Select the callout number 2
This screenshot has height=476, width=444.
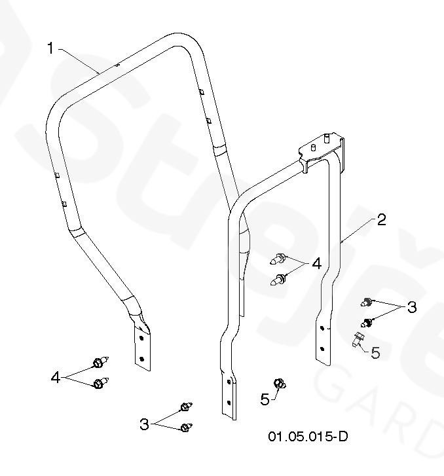coord(382,220)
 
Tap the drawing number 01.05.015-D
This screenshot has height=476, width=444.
coord(307,436)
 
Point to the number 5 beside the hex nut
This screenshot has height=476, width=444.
coord(265,399)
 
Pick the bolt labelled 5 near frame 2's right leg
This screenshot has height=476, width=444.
coord(358,340)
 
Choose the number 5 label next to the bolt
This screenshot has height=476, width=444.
coord(375,352)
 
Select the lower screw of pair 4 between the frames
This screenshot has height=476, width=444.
coord(281,280)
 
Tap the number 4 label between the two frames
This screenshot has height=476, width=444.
coord(316,264)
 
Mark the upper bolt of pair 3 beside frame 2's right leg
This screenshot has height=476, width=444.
coord(369,302)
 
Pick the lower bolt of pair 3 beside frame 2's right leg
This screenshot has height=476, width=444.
coord(368,322)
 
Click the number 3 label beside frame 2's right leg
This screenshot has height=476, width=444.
coord(411,307)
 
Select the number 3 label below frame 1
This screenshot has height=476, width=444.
coord(144,424)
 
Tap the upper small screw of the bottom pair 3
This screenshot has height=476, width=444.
coord(186,407)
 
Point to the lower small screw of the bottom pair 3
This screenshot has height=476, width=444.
coord(187,428)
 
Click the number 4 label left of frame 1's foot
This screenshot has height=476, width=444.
coord(56,378)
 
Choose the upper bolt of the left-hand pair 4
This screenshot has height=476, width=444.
coord(99,362)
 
